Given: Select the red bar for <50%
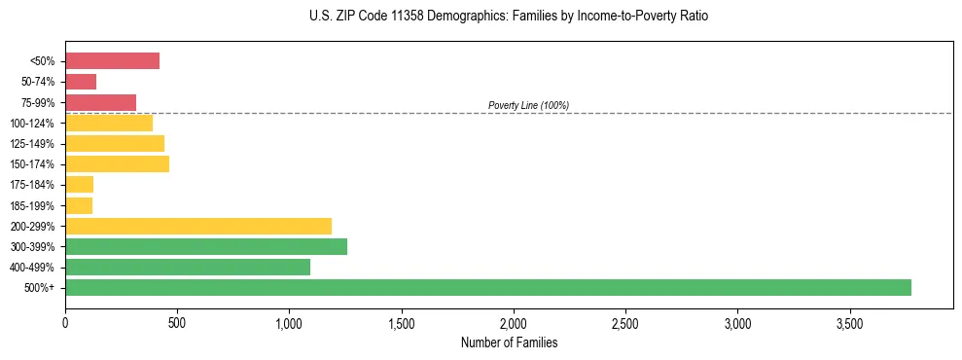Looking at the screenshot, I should point(112,61).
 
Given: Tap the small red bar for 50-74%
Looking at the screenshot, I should point(81,82).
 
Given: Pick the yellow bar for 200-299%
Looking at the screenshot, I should point(198,226).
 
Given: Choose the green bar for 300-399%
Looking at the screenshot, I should point(206,246).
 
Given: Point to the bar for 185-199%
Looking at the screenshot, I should point(79,205).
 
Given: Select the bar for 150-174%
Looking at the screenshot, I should point(117,163).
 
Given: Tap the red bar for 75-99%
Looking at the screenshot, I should point(100,102).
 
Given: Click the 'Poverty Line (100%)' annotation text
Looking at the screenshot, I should point(528,105).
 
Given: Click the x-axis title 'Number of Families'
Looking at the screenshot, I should point(509,342).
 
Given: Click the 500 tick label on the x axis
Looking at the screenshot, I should point(177,322).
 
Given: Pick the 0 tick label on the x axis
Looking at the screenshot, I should point(65,322).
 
